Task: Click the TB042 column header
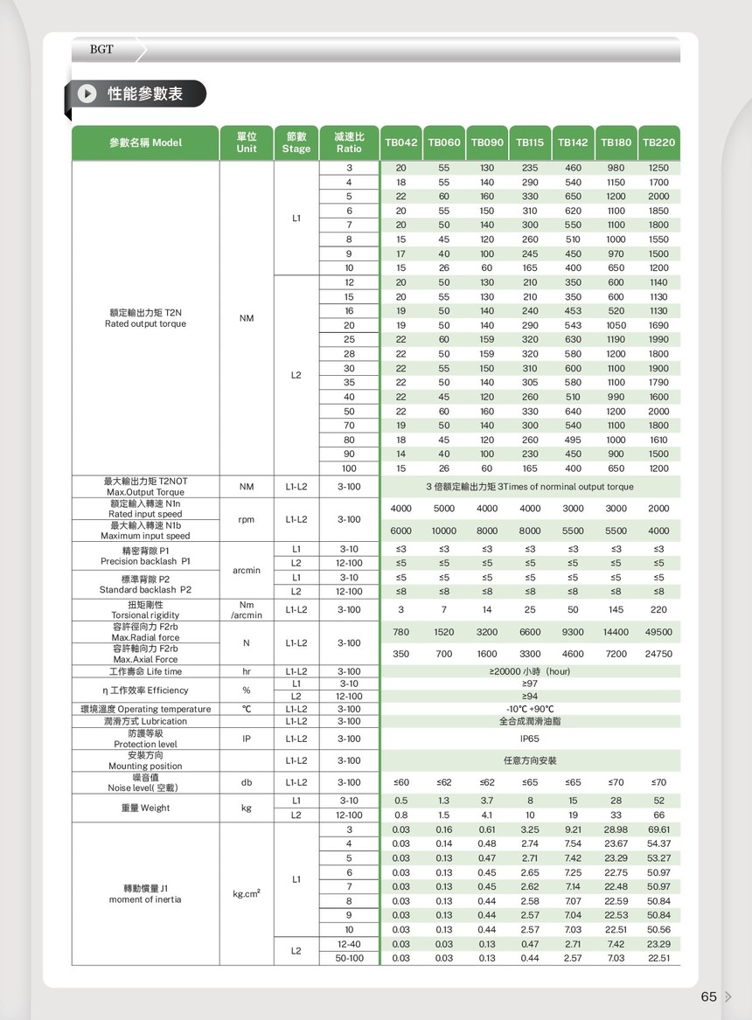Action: [x=401, y=142]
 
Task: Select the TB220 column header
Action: [x=658, y=142]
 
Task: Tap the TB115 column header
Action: [x=530, y=142]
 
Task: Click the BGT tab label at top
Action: [x=101, y=49]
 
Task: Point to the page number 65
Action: [x=708, y=996]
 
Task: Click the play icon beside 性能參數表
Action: [x=87, y=94]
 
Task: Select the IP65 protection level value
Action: [x=530, y=739]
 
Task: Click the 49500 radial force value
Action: [x=658, y=632]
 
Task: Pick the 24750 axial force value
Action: [x=658, y=654]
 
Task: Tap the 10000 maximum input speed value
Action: [x=444, y=531]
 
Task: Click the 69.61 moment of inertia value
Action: [x=658, y=829]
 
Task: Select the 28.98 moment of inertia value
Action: [x=616, y=829]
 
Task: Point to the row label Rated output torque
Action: [x=145, y=324]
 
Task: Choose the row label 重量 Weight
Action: [x=145, y=808]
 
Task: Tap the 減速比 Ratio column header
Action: [x=349, y=142]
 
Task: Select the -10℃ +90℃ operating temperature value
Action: [x=530, y=709]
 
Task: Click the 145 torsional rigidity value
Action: [x=616, y=609]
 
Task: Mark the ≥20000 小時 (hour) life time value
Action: [x=530, y=671]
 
